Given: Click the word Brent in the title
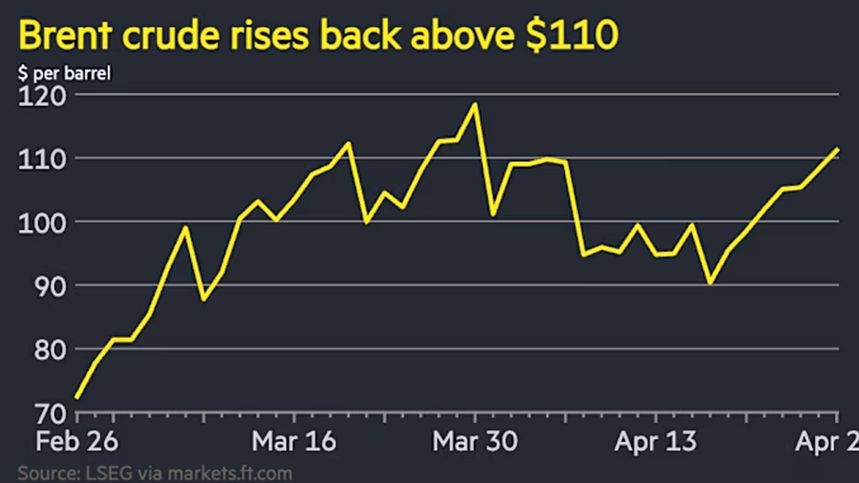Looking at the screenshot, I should (65, 36).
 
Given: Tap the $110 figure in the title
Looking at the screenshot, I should (572, 36).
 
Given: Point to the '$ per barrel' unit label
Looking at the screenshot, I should (64, 73).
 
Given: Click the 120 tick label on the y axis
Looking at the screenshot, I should (42, 96).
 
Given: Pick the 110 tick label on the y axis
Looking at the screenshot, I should (42, 160).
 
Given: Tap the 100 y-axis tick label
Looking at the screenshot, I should (42, 223).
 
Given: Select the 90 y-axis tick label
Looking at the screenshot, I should (50, 287).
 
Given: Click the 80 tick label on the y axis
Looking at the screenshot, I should (50, 350).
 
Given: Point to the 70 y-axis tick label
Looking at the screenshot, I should (50, 414).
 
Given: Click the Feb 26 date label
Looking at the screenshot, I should (76, 441).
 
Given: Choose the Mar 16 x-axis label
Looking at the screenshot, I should (294, 441).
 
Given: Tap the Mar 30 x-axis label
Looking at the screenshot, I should (475, 441).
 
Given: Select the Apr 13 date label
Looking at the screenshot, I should (656, 441).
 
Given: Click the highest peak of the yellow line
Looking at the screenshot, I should (475, 104).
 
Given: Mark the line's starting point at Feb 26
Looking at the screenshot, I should (77, 398).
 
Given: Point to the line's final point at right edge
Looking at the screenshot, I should (837, 149).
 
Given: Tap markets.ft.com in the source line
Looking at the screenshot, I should (229, 473).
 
